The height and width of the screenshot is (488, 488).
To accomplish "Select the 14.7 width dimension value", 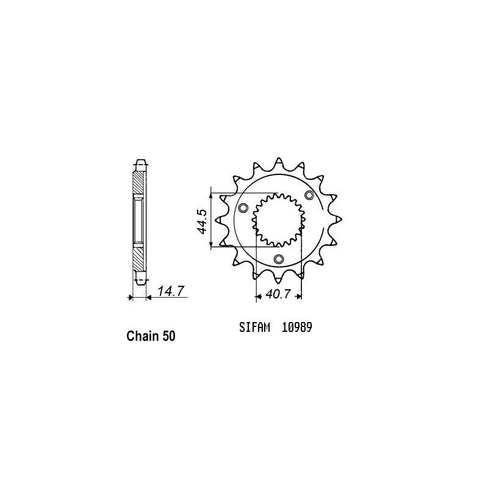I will (170, 292).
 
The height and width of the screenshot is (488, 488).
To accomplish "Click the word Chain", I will (142, 336).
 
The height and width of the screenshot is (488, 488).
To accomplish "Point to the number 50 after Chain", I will (169, 336).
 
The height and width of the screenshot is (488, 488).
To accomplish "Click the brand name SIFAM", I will (251, 328).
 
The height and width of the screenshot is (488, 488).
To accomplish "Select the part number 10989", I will (297, 328).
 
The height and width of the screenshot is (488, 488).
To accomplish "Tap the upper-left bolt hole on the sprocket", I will (244, 209).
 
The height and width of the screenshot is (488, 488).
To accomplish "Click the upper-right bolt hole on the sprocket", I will (309, 195).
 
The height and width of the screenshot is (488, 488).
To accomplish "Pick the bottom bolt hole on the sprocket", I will (279, 259).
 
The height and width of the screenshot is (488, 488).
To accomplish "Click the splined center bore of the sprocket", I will (279, 218).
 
